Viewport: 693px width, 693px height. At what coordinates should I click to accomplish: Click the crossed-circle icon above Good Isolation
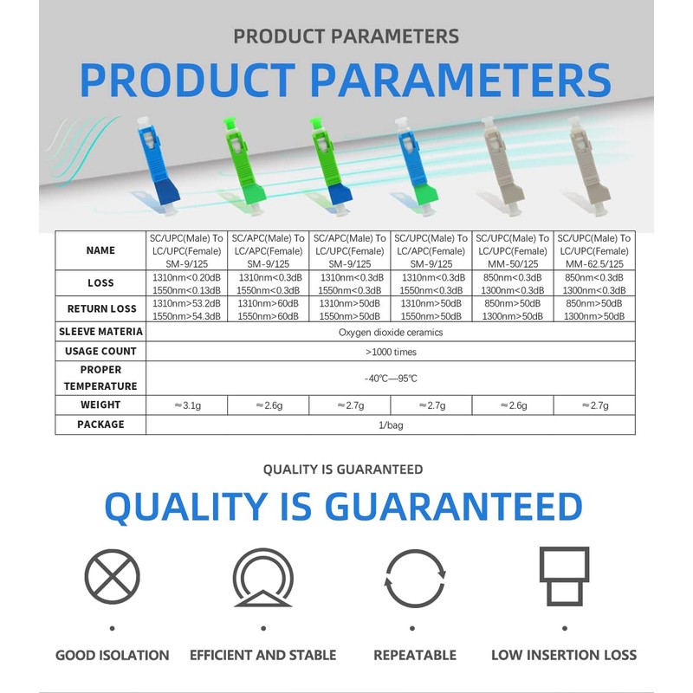[113, 576]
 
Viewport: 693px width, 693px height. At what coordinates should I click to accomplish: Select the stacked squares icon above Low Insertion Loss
[565, 576]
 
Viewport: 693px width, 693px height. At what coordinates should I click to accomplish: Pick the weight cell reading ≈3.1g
[186, 405]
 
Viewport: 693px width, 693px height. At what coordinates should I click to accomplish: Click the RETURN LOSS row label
[101, 308]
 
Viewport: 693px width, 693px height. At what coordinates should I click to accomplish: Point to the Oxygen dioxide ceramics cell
[391, 332]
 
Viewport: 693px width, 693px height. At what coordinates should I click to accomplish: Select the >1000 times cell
[391, 352]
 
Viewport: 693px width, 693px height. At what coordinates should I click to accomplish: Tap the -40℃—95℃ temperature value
[391, 379]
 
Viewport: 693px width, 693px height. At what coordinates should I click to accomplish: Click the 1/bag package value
[391, 425]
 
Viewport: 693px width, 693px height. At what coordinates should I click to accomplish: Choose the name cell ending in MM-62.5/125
[594, 250]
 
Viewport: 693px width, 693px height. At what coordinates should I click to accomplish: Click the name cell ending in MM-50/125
[513, 250]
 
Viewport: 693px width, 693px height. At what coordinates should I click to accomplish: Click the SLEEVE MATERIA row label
[100, 332]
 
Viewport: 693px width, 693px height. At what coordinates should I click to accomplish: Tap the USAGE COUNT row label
[100, 351]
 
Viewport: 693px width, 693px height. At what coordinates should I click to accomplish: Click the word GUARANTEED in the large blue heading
[453, 507]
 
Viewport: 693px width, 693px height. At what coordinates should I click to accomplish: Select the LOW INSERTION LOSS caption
[564, 655]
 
